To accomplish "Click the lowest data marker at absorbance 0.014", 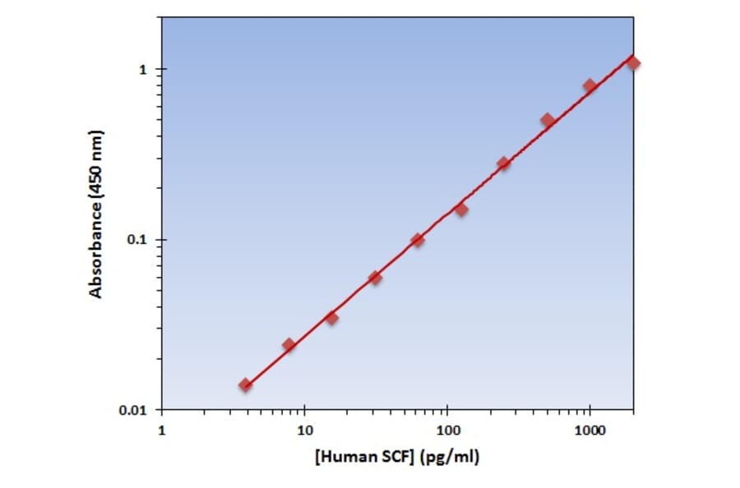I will point(245,384).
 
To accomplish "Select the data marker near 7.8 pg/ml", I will point(289,345).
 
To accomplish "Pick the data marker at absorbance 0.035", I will point(331,318).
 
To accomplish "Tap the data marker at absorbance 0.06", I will point(375,278).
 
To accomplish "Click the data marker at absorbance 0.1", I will point(418,240).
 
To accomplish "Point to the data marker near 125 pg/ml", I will point(461,209).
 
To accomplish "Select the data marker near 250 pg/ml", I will point(504,163).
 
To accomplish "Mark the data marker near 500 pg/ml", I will point(548,120).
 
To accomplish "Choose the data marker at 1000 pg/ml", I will point(590,85).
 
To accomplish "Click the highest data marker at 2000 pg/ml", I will point(633,63).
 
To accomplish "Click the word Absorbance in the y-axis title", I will point(96,247).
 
